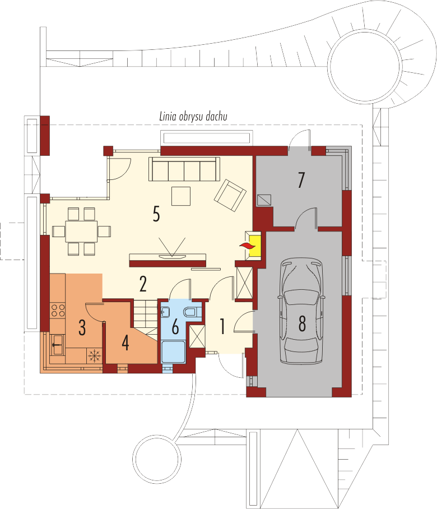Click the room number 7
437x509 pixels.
[301, 180]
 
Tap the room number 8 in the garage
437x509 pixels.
[302, 323]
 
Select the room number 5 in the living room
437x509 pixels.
[156, 214]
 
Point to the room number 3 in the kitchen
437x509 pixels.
[82, 327]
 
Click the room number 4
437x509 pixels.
[125, 343]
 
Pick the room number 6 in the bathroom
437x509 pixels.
[175, 327]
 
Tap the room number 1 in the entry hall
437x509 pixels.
[222, 327]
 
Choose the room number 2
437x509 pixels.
[143, 284]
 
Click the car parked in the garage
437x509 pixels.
[301, 311]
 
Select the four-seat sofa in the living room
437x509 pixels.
[184, 169]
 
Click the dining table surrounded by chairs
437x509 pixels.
[81, 232]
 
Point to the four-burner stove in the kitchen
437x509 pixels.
[58, 311]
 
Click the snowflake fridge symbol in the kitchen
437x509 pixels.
[95, 356]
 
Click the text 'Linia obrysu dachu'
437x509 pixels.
[193, 117]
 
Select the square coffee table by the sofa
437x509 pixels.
[181, 196]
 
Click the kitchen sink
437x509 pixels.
[58, 345]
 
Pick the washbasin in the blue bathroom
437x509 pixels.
[166, 312]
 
